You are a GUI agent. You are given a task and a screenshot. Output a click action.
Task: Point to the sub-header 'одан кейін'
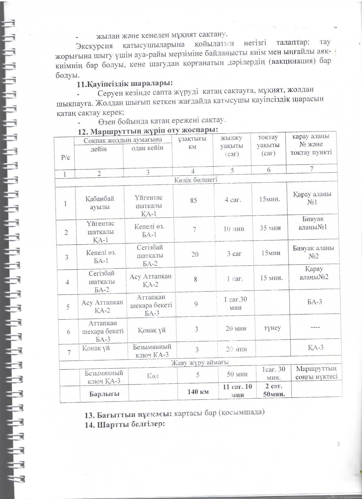pos(147,148)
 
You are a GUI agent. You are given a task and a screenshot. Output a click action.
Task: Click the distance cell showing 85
pos(194,200)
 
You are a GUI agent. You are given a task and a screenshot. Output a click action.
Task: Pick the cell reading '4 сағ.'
pos(233,200)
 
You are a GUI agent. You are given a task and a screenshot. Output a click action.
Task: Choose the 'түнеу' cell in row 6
pos(272,328)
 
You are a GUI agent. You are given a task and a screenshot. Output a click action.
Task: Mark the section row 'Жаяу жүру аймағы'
pos(199,362)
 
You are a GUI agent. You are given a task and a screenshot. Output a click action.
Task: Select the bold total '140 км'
pos(198,392)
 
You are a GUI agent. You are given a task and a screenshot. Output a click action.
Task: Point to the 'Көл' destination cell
pos(153,376)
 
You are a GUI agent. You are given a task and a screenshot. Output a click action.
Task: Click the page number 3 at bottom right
pos(338,444)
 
